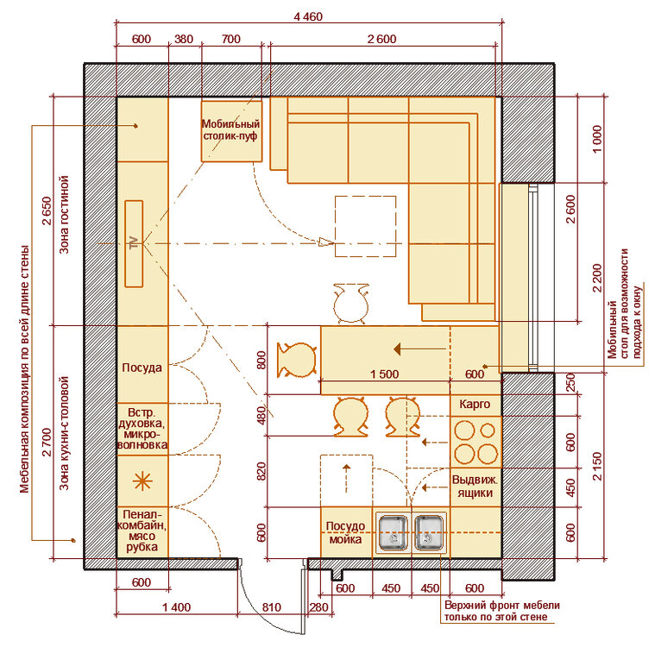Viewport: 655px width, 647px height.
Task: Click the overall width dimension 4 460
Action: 308,16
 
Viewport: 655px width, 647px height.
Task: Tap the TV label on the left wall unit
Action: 134,243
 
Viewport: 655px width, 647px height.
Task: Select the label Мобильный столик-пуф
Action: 230,130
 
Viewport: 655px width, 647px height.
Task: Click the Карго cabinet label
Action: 475,405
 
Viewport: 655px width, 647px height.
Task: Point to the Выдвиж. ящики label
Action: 475,487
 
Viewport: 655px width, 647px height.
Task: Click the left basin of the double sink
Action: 393,533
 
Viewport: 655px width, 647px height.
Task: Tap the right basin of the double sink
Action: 429,533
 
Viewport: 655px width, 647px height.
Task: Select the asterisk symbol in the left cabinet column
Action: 142,481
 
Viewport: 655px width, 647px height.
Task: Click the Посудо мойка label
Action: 345,532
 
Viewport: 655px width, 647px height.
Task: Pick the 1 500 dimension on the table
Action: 384,374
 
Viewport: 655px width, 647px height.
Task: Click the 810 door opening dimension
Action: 272,607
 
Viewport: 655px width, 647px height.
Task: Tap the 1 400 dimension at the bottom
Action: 176,607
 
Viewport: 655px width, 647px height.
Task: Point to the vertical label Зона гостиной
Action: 64,215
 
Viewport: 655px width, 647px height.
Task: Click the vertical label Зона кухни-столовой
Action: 64,433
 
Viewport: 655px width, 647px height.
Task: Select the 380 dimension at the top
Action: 184,39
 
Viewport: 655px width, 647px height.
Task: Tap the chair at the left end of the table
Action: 297,360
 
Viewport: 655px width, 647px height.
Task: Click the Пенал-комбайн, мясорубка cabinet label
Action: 142,531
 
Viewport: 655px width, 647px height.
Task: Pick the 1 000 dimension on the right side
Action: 597,139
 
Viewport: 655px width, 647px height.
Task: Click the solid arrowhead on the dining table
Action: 398,349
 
